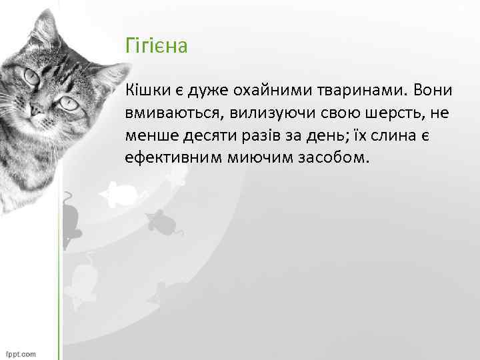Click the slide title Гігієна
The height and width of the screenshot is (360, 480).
click(x=157, y=47)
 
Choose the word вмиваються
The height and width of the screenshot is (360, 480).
click(x=165, y=113)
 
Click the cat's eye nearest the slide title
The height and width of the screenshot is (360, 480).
click(x=66, y=103)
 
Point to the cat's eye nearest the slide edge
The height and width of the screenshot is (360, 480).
click(x=31, y=77)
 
